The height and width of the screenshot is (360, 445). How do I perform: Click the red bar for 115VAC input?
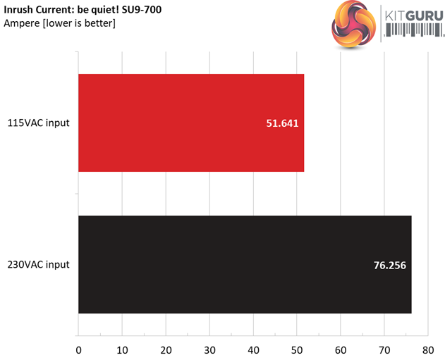pyautogui.click(x=190, y=123)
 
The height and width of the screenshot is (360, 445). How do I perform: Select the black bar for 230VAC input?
pyautogui.click(x=244, y=264)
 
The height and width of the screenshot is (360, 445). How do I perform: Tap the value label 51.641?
pyautogui.click(x=281, y=123)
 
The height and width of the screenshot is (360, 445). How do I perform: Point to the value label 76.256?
pyautogui.click(x=389, y=265)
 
